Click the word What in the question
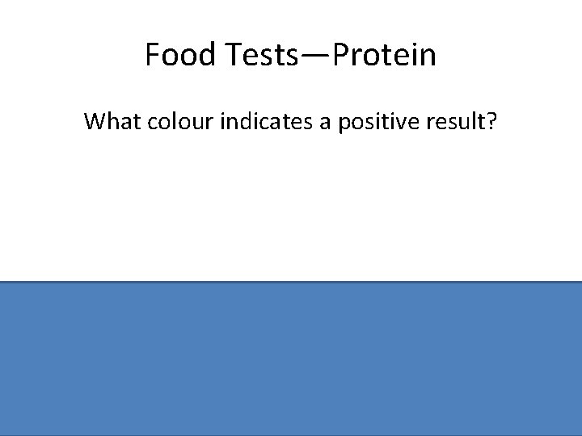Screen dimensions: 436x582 111,122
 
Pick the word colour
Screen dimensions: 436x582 177,122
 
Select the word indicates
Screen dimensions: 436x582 262,122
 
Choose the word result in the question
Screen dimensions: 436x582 456,122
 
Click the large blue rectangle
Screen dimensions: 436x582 291,359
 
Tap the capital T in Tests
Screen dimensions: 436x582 228,55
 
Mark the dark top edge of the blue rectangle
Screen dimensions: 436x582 291,282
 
